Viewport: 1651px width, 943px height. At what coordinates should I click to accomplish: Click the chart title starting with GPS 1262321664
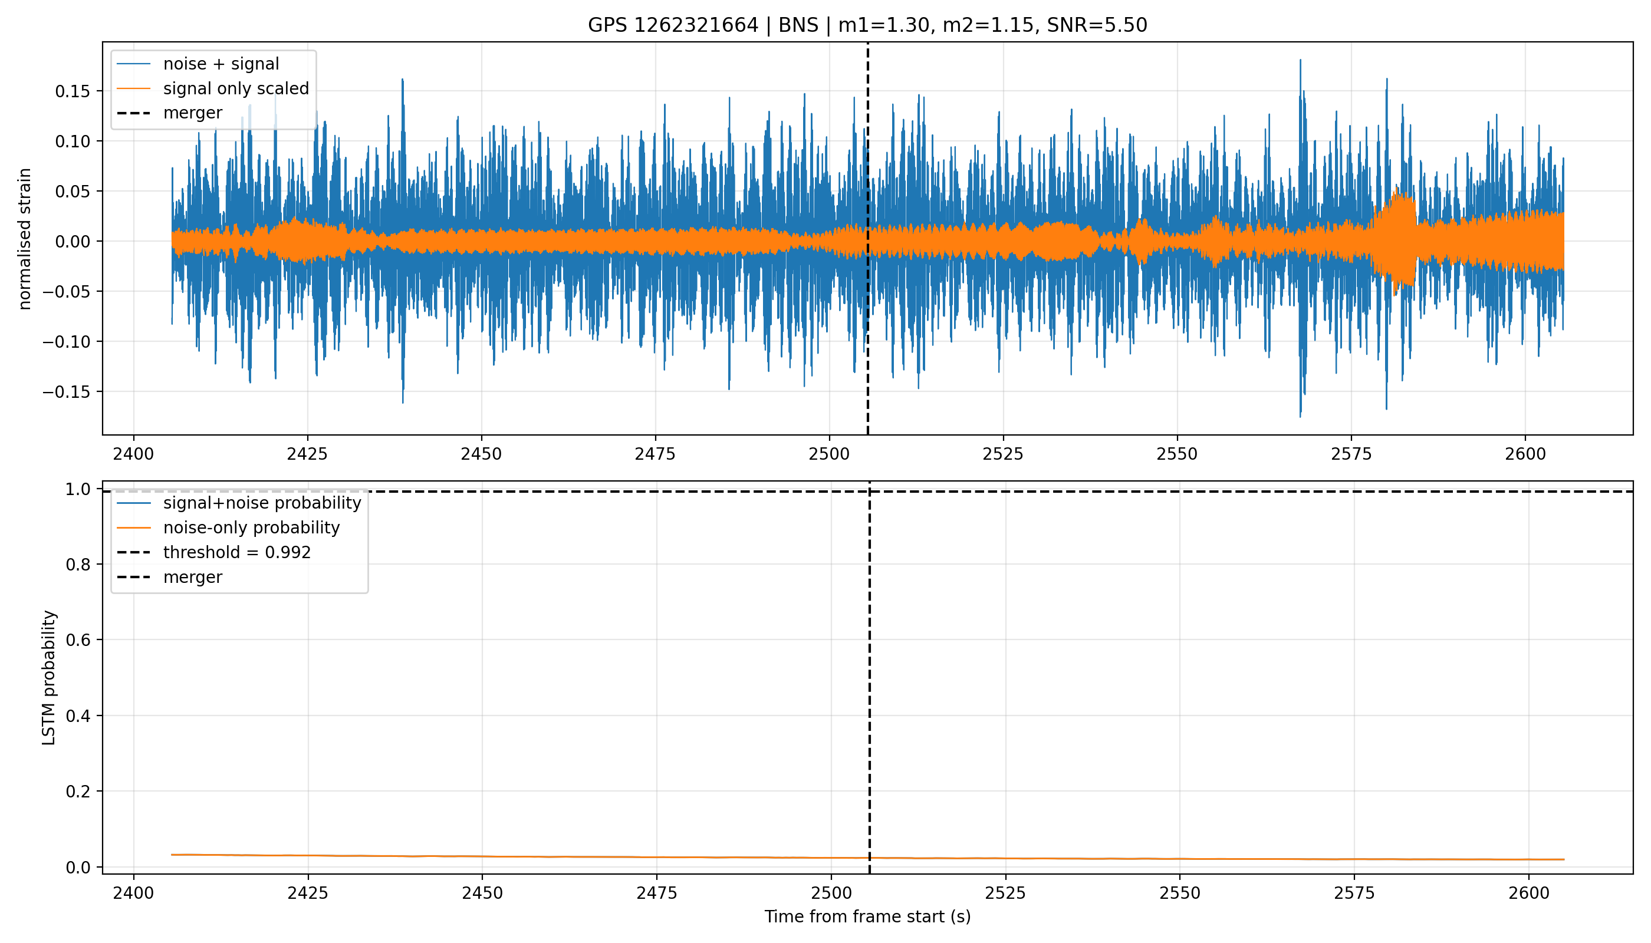pos(867,25)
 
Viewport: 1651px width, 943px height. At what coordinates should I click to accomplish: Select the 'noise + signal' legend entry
pos(221,64)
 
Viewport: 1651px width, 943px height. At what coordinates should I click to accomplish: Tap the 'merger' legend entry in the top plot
pos(192,113)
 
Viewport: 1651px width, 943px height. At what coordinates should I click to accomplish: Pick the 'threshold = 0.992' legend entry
pos(236,552)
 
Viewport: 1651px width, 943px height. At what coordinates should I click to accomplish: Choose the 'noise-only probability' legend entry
pos(251,528)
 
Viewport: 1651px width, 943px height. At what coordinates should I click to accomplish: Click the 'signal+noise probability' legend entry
pos(262,503)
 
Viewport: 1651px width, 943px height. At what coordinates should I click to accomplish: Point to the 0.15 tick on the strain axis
pos(72,91)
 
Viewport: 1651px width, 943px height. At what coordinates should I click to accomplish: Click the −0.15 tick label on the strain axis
pos(66,392)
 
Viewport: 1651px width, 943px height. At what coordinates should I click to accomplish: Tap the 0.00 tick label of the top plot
pos(72,242)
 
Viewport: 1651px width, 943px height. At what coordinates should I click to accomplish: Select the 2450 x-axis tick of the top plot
pos(481,454)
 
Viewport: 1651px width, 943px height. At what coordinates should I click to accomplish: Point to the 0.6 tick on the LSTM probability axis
pos(77,640)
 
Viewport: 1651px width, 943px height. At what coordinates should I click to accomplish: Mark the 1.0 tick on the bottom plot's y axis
pos(77,489)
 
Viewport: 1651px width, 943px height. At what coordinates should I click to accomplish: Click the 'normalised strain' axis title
pos(25,239)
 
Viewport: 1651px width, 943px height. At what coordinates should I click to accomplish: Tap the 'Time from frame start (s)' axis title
pos(867,917)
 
